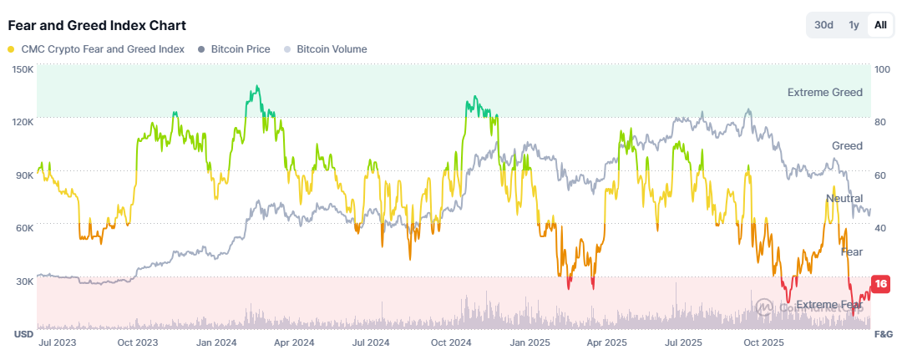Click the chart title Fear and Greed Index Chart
click(97, 25)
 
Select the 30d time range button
click(823, 25)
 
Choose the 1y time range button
click(854, 25)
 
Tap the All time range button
click(880, 25)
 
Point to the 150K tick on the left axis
click(23, 69)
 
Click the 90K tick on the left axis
click(23, 175)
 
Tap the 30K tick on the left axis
click(23, 281)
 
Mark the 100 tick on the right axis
click(881, 69)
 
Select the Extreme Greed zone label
click(824, 93)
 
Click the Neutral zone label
click(844, 199)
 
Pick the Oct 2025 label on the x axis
click(763, 342)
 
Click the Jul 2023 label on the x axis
click(59, 342)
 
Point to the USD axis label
click(23, 334)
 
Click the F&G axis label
click(883, 334)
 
